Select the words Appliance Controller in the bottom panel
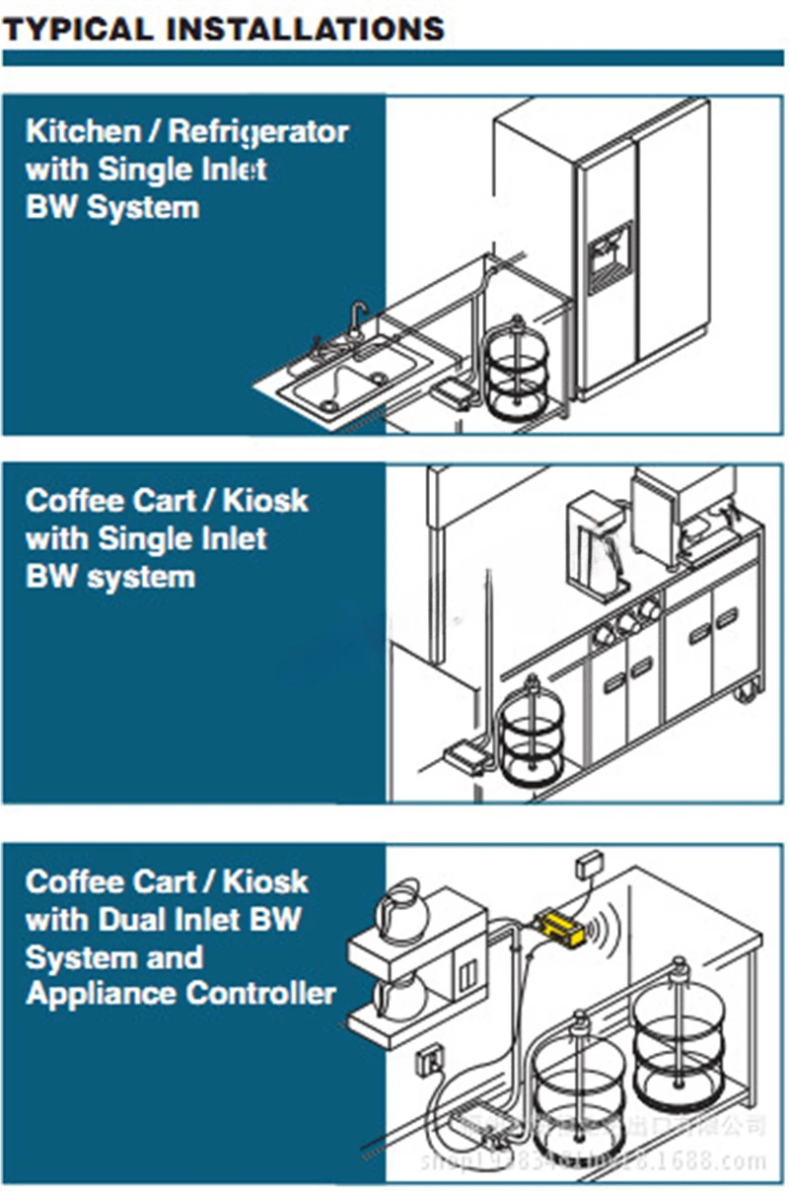click(180, 994)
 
